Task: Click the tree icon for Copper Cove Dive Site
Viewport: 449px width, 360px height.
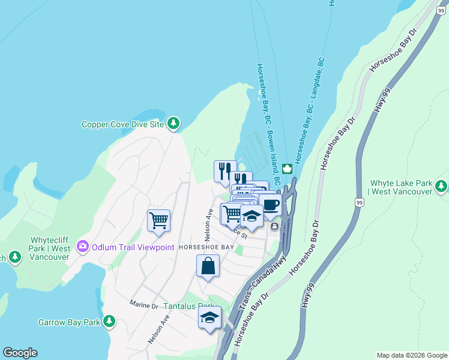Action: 173,124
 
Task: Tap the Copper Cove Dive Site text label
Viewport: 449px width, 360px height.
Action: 122,125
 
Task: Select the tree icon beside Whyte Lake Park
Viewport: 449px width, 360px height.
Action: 442,186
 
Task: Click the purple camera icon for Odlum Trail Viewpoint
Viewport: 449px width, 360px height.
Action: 82,246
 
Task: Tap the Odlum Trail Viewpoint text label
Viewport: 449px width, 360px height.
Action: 132,247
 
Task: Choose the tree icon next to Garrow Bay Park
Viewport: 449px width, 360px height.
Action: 109,322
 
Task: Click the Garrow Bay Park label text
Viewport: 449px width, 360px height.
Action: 69,322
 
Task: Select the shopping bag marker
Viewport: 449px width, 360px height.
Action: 208,266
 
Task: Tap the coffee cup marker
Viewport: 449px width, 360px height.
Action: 270,205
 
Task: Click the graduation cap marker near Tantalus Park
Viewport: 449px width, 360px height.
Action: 210,318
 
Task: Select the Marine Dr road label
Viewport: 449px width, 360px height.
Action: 143,305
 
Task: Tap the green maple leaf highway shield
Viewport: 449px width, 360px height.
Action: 286,168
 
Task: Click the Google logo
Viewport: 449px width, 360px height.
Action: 20,353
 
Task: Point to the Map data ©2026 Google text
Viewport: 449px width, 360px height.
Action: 411,355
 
